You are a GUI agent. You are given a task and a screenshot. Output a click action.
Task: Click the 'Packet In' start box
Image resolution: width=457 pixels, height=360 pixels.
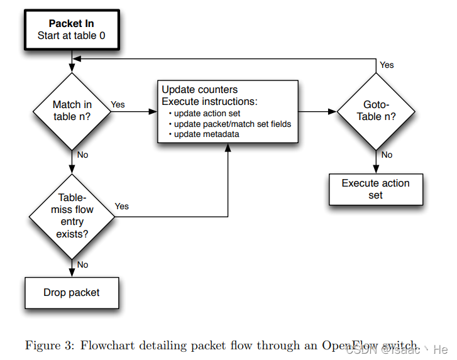pyautogui.click(x=71, y=30)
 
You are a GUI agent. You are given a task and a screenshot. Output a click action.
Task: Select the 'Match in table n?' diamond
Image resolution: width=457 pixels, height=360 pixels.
pyautogui.click(x=72, y=111)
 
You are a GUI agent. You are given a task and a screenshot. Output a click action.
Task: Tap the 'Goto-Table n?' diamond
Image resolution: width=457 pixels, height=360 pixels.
pyautogui.click(x=376, y=111)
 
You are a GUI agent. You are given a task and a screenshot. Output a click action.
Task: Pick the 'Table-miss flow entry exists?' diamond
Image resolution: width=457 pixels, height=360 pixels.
pyautogui.click(x=72, y=215)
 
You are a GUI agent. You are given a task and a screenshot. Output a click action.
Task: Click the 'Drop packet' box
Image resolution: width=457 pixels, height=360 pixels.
pyautogui.click(x=72, y=293)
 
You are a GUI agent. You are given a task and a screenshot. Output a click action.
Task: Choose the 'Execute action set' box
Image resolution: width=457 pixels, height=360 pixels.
pyautogui.click(x=375, y=189)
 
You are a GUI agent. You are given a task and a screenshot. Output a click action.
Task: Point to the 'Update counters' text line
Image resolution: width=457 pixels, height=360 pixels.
pyautogui.click(x=200, y=90)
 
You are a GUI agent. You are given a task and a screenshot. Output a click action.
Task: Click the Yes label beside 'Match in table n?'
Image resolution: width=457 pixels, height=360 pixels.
pyautogui.click(x=118, y=104)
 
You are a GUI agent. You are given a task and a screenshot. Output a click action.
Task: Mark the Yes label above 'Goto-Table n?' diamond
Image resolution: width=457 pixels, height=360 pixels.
pyautogui.click(x=387, y=65)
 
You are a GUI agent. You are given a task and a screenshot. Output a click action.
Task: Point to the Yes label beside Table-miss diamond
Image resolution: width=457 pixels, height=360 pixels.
pyautogui.click(x=122, y=206)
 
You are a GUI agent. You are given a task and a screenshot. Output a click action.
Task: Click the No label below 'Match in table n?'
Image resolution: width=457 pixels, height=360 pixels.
pyautogui.click(x=82, y=155)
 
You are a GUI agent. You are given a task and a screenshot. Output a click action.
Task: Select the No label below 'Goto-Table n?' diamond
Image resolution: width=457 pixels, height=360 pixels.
pyautogui.click(x=387, y=155)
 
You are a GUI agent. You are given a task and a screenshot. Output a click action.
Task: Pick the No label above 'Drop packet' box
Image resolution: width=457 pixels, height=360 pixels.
pyautogui.click(x=82, y=265)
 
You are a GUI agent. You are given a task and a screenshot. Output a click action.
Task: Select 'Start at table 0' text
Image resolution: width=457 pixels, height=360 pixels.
pyautogui.click(x=71, y=36)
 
